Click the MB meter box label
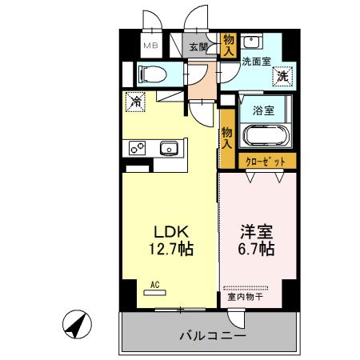(150, 46)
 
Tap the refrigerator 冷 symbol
(134, 102)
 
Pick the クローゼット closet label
(265, 162)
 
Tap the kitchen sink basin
(169, 148)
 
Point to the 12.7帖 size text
(169, 250)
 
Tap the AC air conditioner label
(154, 283)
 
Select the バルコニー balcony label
(211, 334)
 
